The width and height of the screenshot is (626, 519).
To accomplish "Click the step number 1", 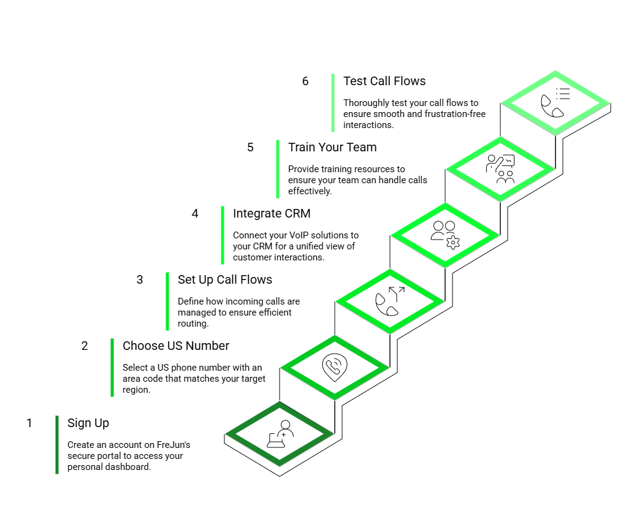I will [x=29, y=423].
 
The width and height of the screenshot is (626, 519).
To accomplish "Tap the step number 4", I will [x=195, y=214].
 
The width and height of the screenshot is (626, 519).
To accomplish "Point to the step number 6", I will [x=305, y=81].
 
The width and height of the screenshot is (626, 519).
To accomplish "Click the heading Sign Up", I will [x=88, y=423].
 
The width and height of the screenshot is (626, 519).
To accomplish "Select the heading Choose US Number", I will [x=175, y=346].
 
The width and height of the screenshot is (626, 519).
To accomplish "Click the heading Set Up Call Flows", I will [x=224, y=280].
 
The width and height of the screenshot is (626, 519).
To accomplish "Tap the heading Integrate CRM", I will [x=272, y=214].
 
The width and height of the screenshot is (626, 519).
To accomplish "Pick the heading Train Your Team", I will [x=332, y=148].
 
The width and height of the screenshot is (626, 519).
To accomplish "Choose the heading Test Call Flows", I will [x=384, y=81].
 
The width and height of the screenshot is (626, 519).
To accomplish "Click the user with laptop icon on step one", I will [x=280, y=434].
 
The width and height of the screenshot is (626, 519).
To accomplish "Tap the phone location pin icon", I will [x=334, y=367].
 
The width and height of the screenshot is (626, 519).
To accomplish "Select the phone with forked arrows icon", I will [x=389, y=301].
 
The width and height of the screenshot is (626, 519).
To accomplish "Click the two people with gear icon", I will [x=445, y=235].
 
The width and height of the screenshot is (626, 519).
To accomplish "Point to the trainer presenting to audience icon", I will [x=500, y=169].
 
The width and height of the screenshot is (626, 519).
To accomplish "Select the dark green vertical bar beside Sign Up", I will [x=57, y=444].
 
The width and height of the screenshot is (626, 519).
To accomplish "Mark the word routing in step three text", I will [x=193, y=324].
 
